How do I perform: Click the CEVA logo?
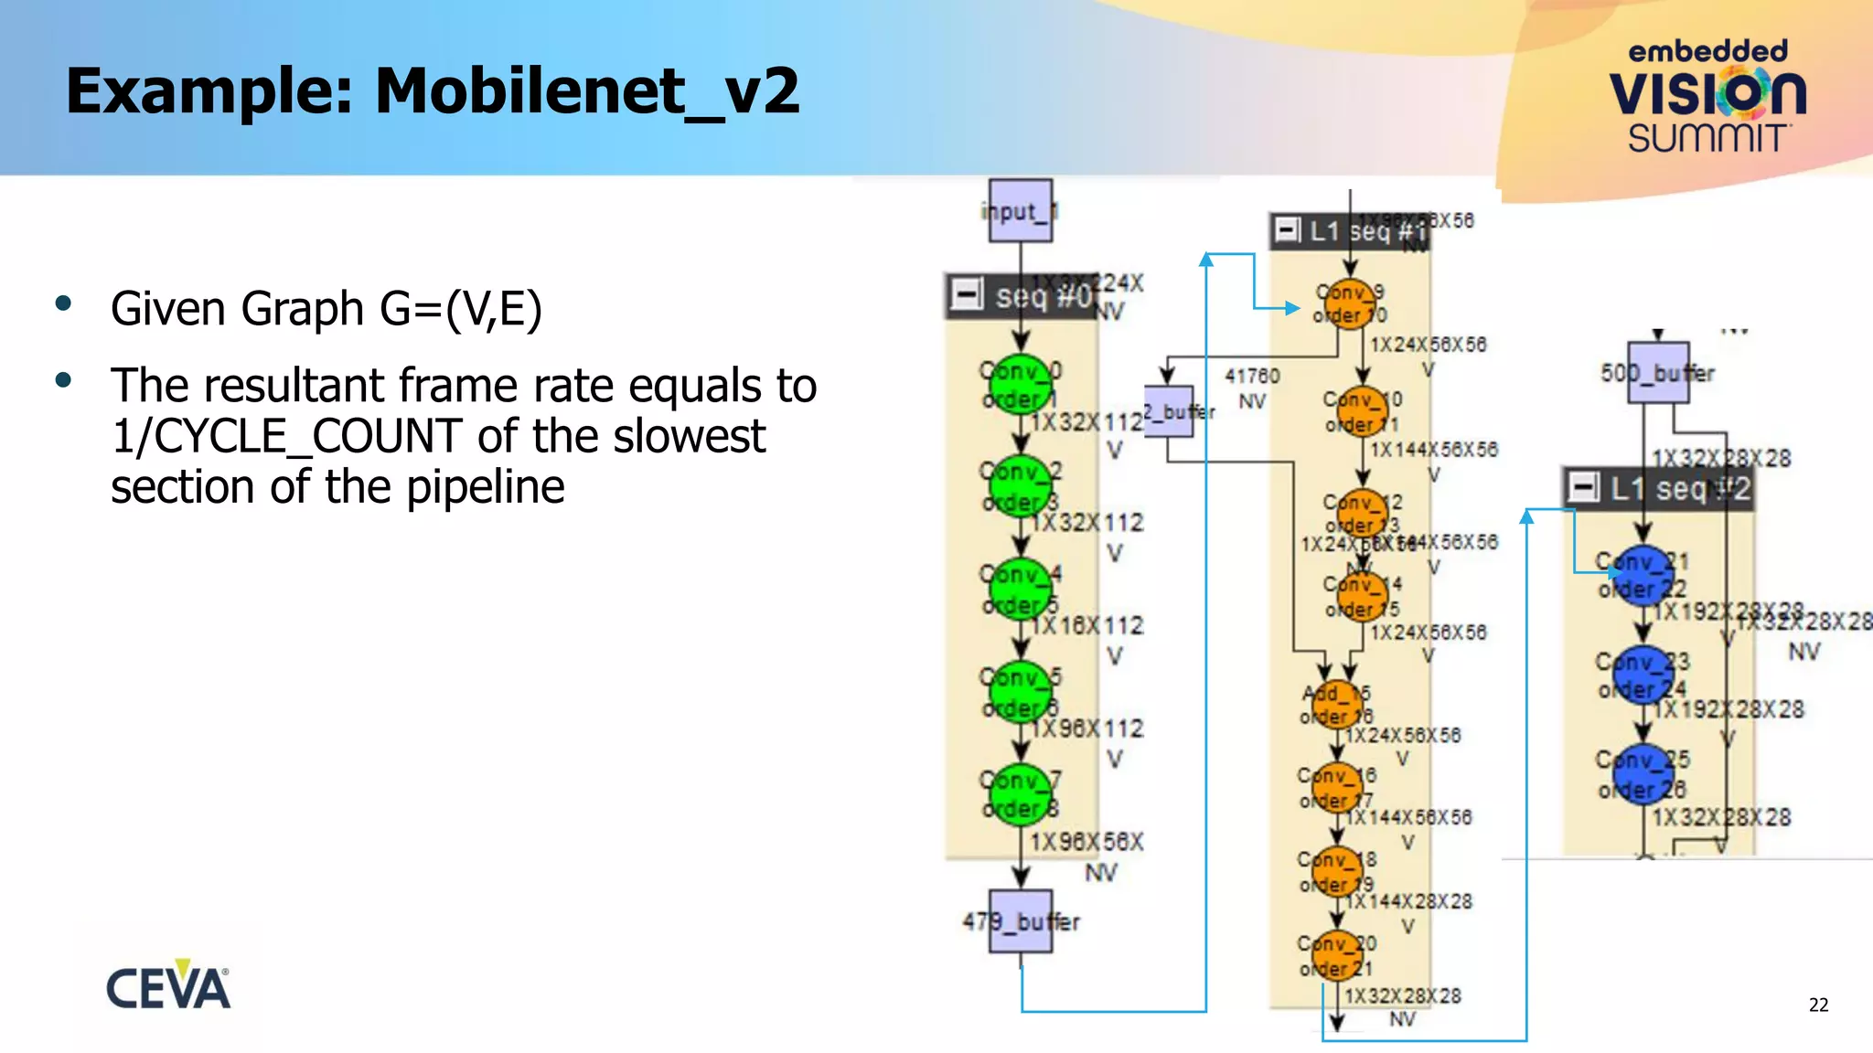tap(168, 986)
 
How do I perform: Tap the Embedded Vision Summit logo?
tap(1707, 96)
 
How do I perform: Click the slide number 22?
tap(1818, 1005)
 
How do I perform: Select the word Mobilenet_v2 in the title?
tap(587, 91)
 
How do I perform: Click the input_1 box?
tap(1020, 211)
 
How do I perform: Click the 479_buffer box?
tap(1021, 921)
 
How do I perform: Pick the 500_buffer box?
tap(1658, 373)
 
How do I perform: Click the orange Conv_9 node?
tap(1350, 303)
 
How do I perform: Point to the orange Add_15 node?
tap(1336, 705)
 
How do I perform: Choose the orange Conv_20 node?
tap(1336, 955)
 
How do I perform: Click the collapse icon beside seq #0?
tap(967, 294)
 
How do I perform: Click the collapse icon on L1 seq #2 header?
tap(1584, 487)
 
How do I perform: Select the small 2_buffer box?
tap(1169, 411)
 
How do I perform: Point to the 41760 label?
tap(1252, 376)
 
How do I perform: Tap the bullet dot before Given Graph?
tap(63, 304)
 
